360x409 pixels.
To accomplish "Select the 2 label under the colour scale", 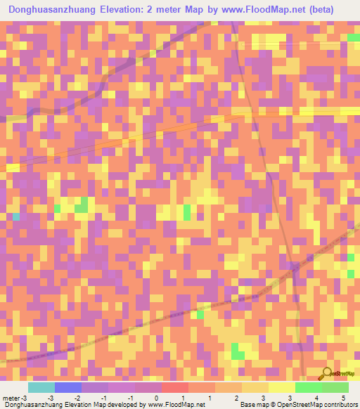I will tap(237, 398).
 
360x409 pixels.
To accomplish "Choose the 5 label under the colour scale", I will tap(344, 398).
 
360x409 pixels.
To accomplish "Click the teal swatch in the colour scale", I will tap(41, 387).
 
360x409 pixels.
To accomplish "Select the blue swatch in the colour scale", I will tap(68, 387).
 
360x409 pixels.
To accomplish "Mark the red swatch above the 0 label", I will tap(175, 387).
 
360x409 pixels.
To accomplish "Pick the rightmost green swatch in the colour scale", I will tap(335, 387).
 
